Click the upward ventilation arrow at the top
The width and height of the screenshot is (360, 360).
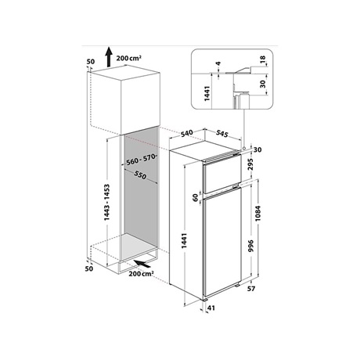109,57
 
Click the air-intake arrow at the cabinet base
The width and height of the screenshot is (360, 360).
142,264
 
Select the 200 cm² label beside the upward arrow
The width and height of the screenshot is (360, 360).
129,58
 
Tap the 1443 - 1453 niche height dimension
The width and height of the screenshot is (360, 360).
106,203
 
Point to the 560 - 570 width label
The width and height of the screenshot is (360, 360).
141,160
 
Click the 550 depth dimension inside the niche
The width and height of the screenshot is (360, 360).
140,175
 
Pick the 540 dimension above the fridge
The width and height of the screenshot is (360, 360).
187,133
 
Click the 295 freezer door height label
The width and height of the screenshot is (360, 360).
250,164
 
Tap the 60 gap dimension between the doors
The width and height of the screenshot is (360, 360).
196,197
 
